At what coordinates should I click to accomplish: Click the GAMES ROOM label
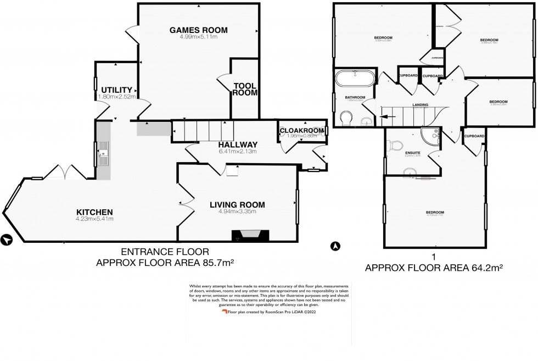tap(198, 30)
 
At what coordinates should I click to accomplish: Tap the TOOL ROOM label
tap(245, 90)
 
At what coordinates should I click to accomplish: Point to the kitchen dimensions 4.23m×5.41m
tap(94, 219)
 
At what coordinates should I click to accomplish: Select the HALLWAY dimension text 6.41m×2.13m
tap(223, 152)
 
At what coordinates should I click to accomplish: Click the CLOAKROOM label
tap(302, 130)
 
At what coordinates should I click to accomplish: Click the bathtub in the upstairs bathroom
tap(355, 78)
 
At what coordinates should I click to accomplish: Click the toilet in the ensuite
tap(394, 145)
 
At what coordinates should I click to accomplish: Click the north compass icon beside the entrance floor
tap(7, 240)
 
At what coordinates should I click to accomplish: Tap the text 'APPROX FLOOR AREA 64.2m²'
tap(434, 268)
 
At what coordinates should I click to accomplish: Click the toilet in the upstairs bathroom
tap(347, 118)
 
